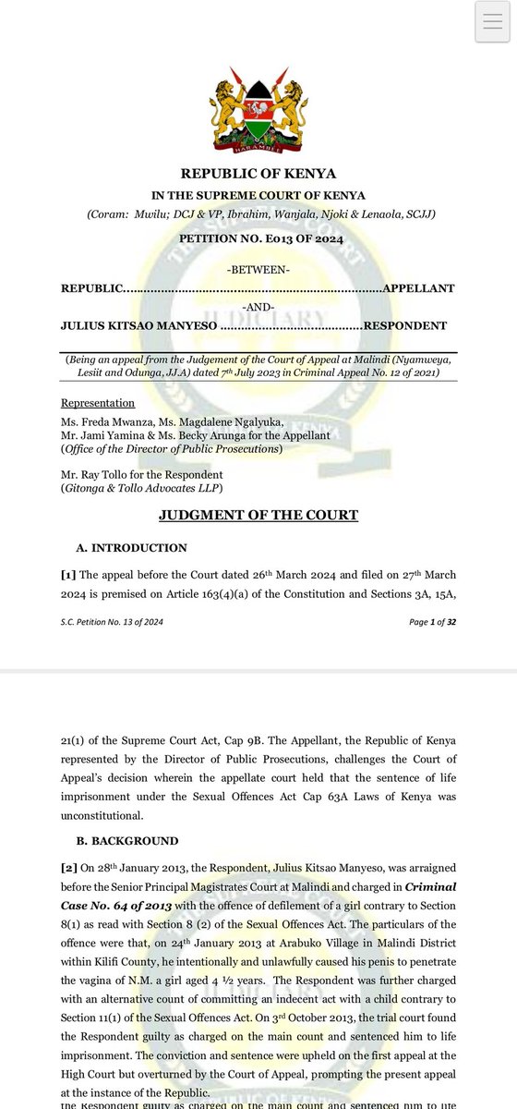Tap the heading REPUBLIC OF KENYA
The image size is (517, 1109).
point(258,174)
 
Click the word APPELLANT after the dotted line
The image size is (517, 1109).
point(420,288)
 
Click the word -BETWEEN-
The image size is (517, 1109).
point(258,269)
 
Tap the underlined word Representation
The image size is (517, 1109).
point(98,403)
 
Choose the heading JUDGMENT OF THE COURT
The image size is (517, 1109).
point(258,515)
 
